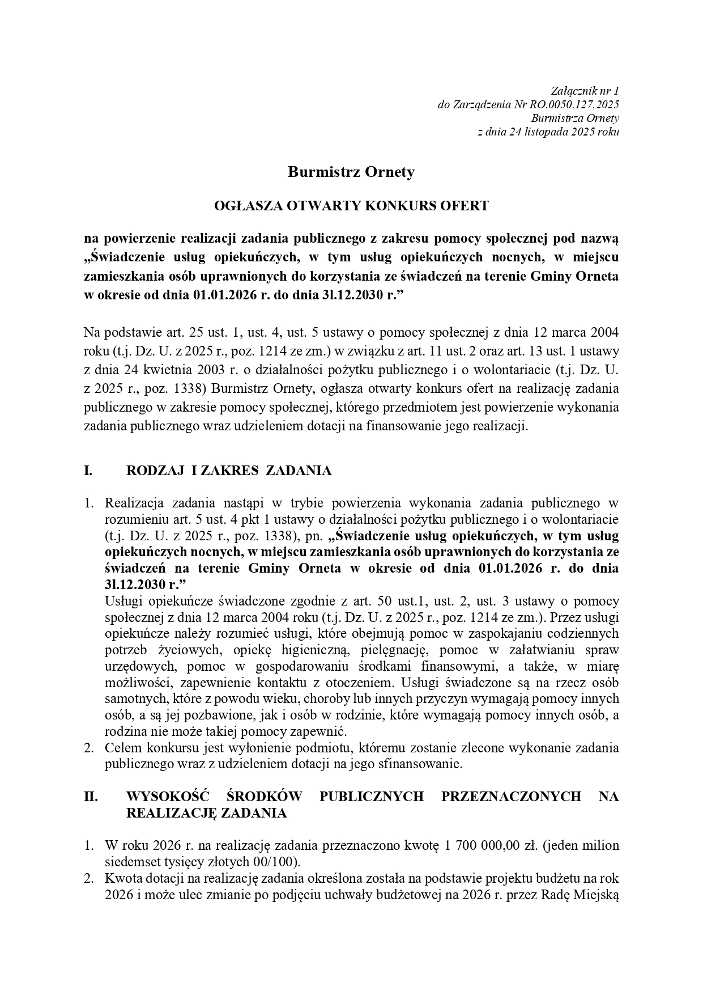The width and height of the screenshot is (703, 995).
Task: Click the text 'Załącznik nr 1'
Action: tap(585, 91)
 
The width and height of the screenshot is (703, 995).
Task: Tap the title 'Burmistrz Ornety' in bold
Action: tap(351, 172)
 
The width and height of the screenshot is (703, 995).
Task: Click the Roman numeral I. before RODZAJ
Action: tap(88, 471)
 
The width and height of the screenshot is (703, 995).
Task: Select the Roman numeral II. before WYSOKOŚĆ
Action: tap(91, 797)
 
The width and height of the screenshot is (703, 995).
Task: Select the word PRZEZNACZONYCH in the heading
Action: tap(511, 797)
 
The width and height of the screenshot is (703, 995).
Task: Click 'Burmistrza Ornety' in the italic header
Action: tap(574, 118)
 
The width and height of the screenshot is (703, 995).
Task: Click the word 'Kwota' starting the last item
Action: tap(121, 879)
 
